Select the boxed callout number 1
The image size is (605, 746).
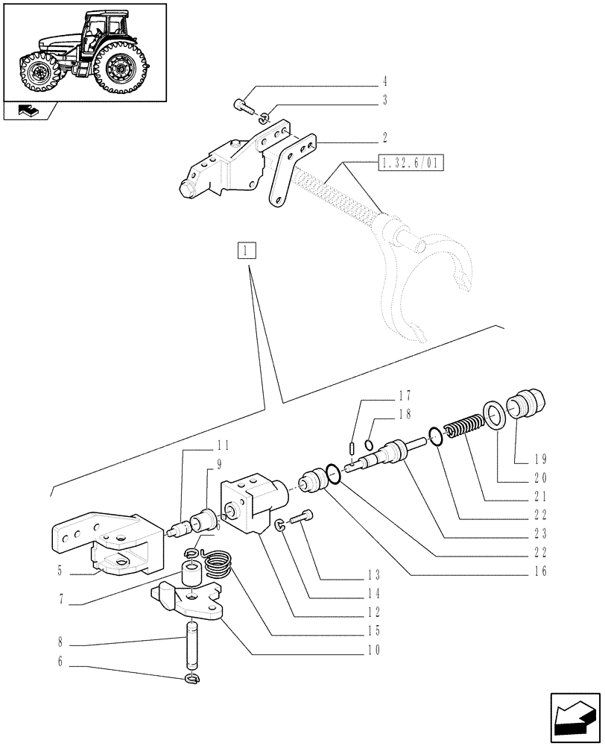click(x=247, y=250)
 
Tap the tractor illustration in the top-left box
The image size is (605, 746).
click(x=84, y=51)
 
